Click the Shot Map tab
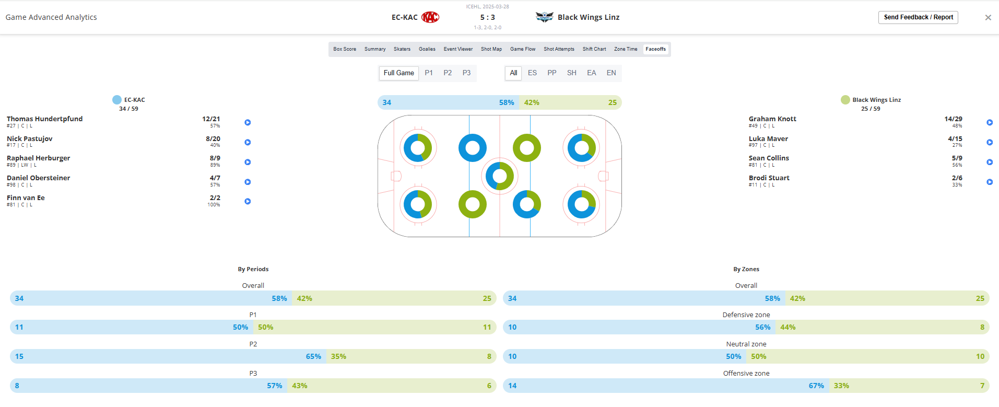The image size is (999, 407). pyautogui.click(x=491, y=49)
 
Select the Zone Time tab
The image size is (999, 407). pyautogui.click(x=625, y=49)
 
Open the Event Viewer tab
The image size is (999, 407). pyautogui.click(x=458, y=49)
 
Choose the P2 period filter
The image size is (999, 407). pyautogui.click(x=448, y=73)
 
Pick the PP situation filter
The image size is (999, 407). pyautogui.click(x=551, y=73)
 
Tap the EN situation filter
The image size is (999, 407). pyautogui.click(x=611, y=73)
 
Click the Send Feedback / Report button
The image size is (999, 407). pyautogui.click(x=918, y=17)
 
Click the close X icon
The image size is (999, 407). pyautogui.click(x=988, y=18)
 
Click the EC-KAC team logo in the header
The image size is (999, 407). pyautogui.click(x=430, y=17)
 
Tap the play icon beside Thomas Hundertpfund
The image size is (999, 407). pyautogui.click(x=248, y=122)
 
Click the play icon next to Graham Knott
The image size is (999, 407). pyautogui.click(x=989, y=122)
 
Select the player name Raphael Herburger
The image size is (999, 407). pyautogui.click(x=38, y=158)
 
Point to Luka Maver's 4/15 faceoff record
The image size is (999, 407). pyautogui.click(x=955, y=139)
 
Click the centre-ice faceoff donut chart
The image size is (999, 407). pyautogui.click(x=500, y=176)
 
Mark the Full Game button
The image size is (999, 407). pyautogui.click(x=398, y=73)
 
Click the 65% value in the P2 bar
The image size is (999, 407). pyautogui.click(x=313, y=356)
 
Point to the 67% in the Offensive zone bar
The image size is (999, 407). pyautogui.click(x=816, y=386)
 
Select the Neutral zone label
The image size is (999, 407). pyautogui.click(x=746, y=344)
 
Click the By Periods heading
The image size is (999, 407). pyautogui.click(x=253, y=269)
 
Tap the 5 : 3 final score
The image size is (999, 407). pyautogui.click(x=487, y=17)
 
